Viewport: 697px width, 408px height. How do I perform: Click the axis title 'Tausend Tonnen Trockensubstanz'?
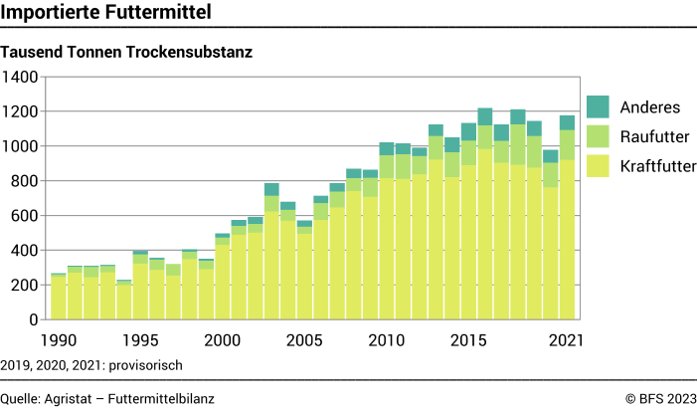[126, 52]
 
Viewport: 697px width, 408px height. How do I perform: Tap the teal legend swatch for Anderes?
[599, 106]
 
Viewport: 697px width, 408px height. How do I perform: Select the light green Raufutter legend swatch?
[599, 136]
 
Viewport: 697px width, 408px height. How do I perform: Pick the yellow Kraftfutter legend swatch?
[599, 165]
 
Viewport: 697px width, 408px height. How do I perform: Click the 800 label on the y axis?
[24, 181]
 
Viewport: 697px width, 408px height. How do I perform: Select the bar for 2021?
[568, 219]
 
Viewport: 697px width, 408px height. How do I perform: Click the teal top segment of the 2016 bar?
[484, 116]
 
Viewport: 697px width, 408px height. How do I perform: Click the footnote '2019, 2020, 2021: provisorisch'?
[91, 365]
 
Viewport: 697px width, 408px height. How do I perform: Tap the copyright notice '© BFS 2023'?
[660, 398]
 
